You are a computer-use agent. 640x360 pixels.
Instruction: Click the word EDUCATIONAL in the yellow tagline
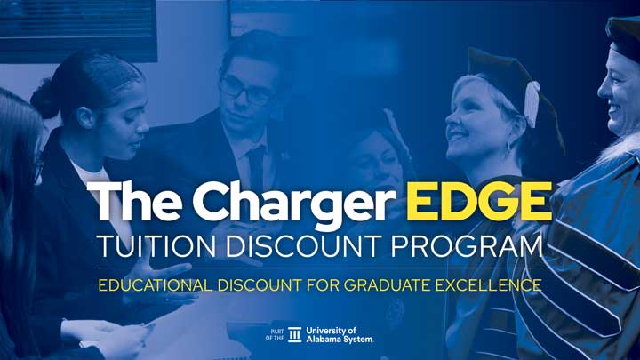click(x=156, y=286)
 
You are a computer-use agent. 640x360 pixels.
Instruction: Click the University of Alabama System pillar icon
click(x=294, y=334)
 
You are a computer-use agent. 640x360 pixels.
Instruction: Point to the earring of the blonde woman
click(x=508, y=147)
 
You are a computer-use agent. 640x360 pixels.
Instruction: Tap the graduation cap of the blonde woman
click(x=502, y=71)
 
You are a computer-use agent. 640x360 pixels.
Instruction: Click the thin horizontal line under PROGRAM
click(x=320, y=268)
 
